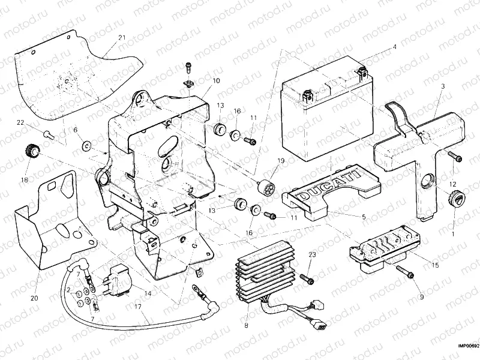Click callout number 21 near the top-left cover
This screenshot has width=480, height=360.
pos(122,38)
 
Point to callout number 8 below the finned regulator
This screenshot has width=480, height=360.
pos(245,326)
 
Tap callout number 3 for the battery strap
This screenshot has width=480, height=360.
pos(442,86)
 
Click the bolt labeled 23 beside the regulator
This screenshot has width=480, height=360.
pos(305,278)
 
